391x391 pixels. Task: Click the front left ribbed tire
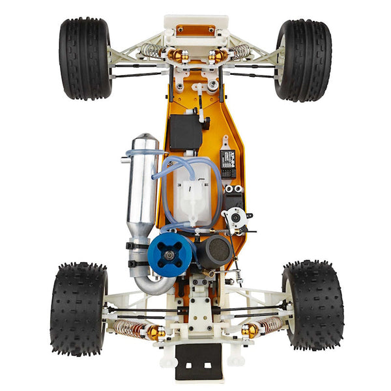pyautogui.click(x=85, y=59)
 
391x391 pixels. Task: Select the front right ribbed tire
pyautogui.click(x=303, y=60)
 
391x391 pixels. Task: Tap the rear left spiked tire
pyautogui.click(x=78, y=308)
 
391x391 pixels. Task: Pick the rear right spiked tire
pyautogui.click(x=312, y=304)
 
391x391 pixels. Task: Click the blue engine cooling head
pyautogui.click(x=169, y=254)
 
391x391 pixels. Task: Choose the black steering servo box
pyautogui.click(x=186, y=132)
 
